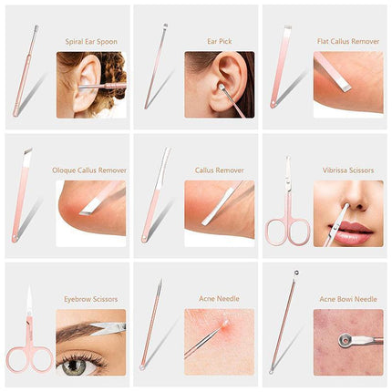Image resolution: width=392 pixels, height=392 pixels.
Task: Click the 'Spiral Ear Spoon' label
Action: [x=91, y=42]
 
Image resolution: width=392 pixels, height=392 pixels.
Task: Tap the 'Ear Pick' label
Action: [x=220, y=41]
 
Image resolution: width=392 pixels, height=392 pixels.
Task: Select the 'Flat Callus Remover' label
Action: [x=348, y=41]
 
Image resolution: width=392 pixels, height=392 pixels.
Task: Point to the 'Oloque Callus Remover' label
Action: [x=89, y=170]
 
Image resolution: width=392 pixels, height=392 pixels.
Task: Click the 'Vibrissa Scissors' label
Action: [x=348, y=170]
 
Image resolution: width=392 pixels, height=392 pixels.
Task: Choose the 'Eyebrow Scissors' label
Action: [x=91, y=299]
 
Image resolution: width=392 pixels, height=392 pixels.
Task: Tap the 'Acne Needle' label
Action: [x=219, y=299]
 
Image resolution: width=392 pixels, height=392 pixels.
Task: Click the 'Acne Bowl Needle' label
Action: [x=348, y=299]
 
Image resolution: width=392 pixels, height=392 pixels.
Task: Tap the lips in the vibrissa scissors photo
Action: [x=350, y=232]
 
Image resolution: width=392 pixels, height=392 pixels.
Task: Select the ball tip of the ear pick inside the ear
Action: [x=222, y=88]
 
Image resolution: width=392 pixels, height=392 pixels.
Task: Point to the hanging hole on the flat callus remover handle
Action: [x=274, y=105]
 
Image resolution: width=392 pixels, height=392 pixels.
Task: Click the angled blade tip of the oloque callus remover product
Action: [x=27, y=151]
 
